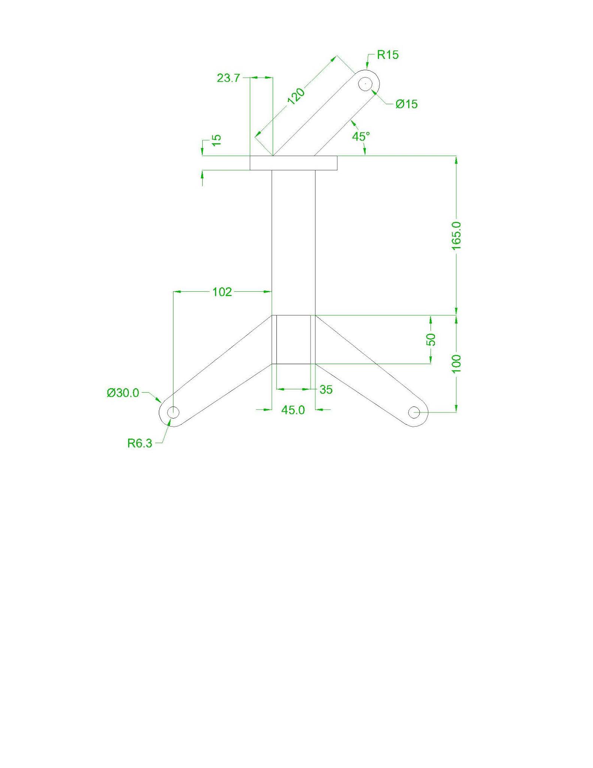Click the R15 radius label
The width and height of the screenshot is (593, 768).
(x=387, y=55)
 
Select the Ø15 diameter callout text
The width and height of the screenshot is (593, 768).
(x=406, y=104)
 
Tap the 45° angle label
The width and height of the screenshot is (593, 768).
(x=361, y=136)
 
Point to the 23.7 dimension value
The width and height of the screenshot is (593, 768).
(x=228, y=78)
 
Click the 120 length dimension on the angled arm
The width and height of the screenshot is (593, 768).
(x=296, y=96)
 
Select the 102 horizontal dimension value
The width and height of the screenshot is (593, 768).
(x=222, y=292)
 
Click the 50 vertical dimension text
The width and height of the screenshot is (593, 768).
(x=431, y=339)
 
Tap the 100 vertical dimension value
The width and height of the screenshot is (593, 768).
(x=456, y=363)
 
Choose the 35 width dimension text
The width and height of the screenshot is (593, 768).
(x=326, y=390)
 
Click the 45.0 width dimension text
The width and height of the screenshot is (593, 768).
(x=293, y=410)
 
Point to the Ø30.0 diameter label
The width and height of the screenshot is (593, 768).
(x=123, y=393)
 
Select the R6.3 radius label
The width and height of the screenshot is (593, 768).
(x=140, y=444)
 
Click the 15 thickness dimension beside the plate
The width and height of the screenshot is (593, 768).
(x=217, y=140)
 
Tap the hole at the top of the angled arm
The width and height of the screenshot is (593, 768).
(x=365, y=84)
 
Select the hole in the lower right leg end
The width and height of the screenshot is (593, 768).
(x=414, y=412)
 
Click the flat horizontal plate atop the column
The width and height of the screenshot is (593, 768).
(x=294, y=163)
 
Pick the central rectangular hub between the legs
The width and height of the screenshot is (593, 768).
(x=294, y=340)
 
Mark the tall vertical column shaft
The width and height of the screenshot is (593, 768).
(x=294, y=242)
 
